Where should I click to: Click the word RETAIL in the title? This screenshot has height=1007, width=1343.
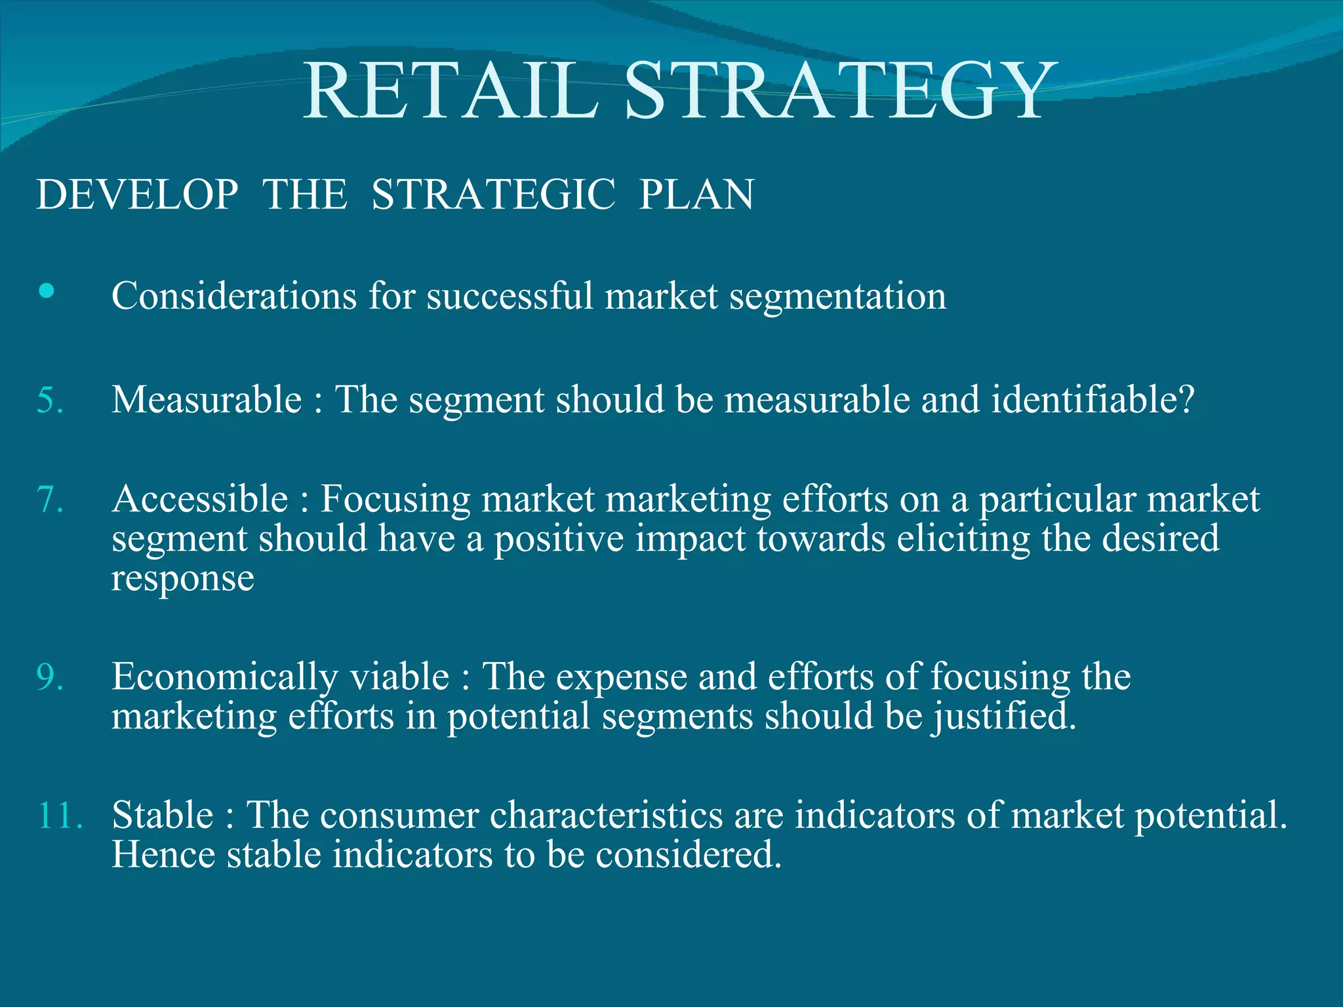[x=451, y=92]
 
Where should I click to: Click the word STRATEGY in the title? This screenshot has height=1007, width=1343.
[x=841, y=92]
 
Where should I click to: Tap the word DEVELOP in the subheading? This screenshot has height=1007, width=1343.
[x=137, y=195]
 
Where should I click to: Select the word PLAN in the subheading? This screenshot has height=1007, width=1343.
[x=696, y=195]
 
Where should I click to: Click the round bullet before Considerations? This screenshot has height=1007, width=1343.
[x=46, y=291]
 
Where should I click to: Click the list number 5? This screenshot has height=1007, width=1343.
[x=50, y=400]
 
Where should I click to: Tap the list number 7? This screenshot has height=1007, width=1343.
[x=50, y=500]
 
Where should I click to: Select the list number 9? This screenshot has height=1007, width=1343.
[x=50, y=677]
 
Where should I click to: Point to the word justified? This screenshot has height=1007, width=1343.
[x=1004, y=717]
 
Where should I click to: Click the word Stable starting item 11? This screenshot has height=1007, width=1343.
[x=163, y=816]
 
